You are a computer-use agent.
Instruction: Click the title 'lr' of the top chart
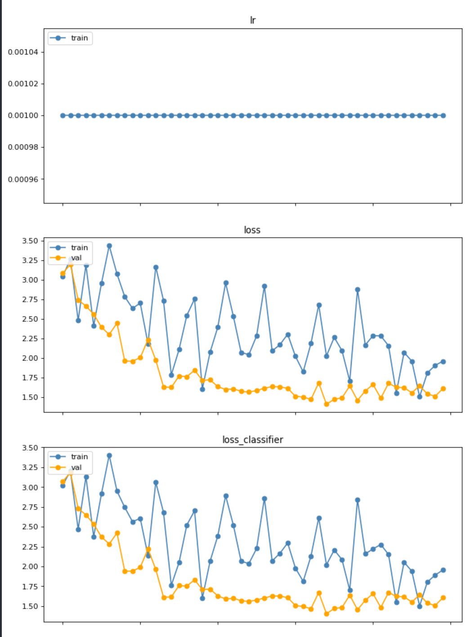pyautogui.click(x=252, y=20)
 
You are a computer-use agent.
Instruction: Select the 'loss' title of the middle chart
pyautogui.click(x=252, y=230)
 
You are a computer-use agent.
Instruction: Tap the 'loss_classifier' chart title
pyautogui.click(x=252, y=439)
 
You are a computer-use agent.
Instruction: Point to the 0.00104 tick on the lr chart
pyautogui.click(x=23, y=52)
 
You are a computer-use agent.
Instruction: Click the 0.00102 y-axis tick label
pyautogui.click(x=23, y=84)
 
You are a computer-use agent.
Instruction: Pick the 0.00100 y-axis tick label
pyautogui.click(x=23, y=116)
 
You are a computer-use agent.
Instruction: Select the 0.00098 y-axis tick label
pyautogui.click(x=23, y=147)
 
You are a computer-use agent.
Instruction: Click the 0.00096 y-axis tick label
pyautogui.click(x=23, y=179)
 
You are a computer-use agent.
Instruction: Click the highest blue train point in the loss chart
pyautogui.click(x=109, y=246)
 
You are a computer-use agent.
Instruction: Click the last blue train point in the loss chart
pyautogui.click(x=443, y=362)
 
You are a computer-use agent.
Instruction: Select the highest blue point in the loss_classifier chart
pyautogui.click(x=109, y=455)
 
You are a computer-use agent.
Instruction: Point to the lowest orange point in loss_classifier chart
pyautogui.click(x=326, y=614)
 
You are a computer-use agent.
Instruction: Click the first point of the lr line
pyautogui.click(x=63, y=116)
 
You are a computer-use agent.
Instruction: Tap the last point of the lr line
pyautogui.click(x=443, y=116)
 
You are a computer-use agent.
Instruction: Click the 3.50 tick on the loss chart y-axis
pyautogui.click(x=30, y=241)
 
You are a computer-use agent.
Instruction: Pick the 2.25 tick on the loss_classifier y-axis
pyautogui.click(x=30, y=547)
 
